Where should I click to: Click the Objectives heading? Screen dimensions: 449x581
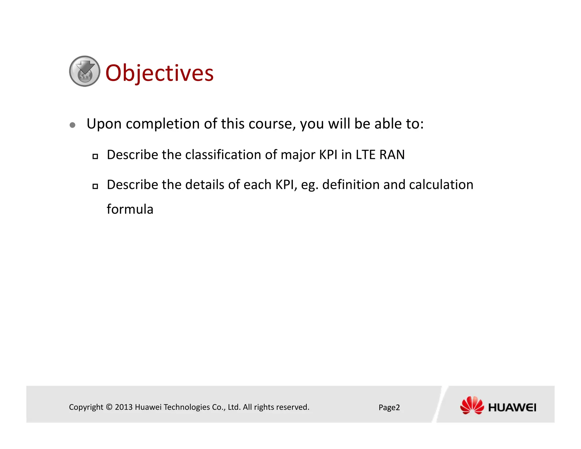[159, 73]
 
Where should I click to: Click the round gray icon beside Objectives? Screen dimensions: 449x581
[85, 71]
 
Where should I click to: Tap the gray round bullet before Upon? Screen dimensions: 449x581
[73, 125]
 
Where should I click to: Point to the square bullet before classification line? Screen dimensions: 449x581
[95, 156]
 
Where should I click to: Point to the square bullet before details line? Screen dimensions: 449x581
[95, 186]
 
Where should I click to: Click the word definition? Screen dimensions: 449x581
[351, 185]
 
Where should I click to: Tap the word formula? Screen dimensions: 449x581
[130, 209]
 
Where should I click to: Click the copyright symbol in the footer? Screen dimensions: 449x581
[109, 407]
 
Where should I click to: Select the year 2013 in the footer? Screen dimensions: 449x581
[124, 407]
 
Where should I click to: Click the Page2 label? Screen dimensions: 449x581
[389, 408]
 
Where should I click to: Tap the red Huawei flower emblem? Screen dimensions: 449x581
[472, 405]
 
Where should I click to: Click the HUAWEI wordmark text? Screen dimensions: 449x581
[512, 408]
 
